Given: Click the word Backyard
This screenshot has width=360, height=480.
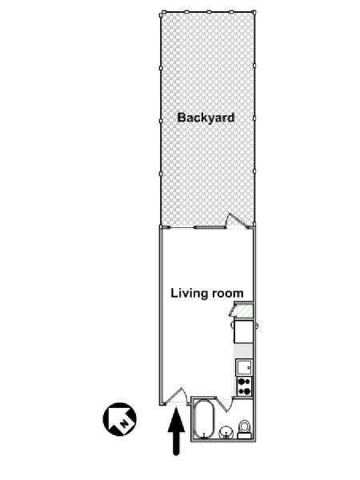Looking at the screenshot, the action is click(206, 118).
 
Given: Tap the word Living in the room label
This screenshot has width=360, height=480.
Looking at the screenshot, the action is click(185, 294).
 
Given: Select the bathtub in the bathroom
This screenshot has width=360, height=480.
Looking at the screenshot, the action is click(204, 419).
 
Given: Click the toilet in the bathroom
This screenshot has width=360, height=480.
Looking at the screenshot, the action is click(244, 430).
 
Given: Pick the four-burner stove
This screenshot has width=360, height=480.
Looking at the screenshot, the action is click(244, 386).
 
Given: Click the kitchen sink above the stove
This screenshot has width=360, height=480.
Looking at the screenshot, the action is click(244, 367).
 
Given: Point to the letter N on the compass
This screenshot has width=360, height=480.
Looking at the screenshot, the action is click(124, 424).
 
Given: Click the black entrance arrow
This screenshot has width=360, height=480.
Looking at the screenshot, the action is click(176, 431).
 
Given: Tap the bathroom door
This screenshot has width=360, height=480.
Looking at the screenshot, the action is click(225, 404).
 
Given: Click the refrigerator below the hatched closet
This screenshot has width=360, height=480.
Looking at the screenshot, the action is click(244, 331).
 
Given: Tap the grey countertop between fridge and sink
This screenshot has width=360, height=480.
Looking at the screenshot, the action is click(244, 351).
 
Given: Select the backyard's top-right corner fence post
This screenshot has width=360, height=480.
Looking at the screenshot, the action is click(254, 12).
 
